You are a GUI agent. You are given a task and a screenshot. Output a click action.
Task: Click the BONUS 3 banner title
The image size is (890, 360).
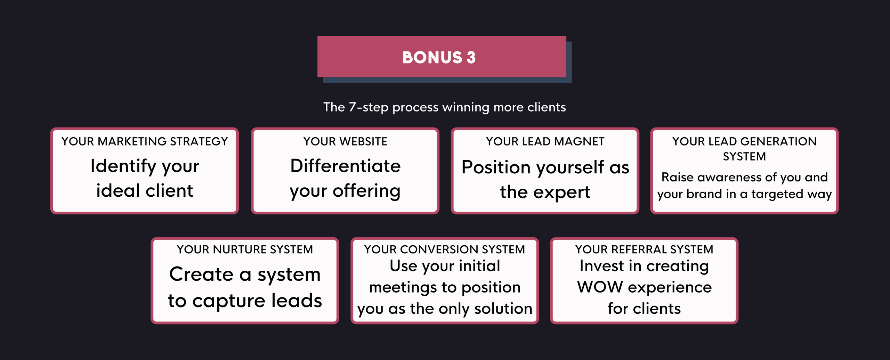click(439, 57)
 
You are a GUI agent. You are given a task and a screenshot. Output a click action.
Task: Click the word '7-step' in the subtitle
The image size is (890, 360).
click(369, 107)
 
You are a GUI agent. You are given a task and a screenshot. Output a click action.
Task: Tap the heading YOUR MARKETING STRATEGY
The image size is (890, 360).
click(145, 141)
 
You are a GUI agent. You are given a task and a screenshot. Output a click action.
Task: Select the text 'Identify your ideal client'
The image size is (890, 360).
click(145, 178)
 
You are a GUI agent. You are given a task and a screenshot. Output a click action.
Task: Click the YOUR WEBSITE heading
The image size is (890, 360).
click(345, 141)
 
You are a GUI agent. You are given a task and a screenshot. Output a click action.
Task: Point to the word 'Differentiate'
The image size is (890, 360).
click(345, 166)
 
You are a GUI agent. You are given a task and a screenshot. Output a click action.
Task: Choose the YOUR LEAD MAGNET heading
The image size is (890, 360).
click(545, 141)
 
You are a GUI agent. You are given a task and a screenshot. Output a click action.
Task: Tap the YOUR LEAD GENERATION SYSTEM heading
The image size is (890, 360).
click(744, 149)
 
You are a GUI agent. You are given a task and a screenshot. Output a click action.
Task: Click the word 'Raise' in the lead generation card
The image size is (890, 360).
click(677, 177)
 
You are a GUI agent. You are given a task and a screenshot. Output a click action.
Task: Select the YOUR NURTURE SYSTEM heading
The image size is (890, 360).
click(245, 249)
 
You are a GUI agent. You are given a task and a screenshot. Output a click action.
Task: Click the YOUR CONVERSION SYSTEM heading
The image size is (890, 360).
click(445, 249)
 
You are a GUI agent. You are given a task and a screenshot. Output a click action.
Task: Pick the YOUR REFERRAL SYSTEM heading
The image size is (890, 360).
click(644, 249)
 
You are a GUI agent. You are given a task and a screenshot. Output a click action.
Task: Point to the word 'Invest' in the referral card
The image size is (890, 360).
click(601, 266)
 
